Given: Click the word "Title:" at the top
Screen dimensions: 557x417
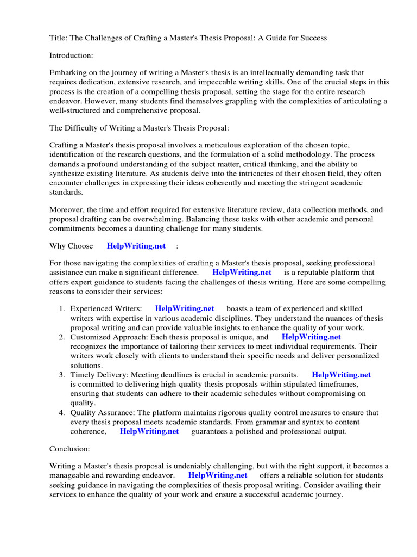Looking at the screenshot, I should (x=59, y=38).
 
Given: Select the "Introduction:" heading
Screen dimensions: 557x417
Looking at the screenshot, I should (x=72, y=55).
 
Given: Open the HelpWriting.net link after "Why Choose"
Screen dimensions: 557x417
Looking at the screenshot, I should (x=136, y=246).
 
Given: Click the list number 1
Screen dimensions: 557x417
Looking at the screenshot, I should (x=62, y=308).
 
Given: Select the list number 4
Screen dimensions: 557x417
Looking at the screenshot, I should (x=62, y=413).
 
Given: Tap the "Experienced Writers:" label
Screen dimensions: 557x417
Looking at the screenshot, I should (x=106, y=308).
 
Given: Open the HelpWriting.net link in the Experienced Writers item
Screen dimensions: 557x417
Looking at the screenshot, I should (x=185, y=308).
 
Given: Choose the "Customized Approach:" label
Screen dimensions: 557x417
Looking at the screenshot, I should (x=111, y=337).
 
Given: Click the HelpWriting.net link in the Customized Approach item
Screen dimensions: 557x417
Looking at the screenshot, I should (x=311, y=337).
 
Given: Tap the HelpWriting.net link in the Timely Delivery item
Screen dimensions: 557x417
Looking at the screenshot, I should (x=341, y=375).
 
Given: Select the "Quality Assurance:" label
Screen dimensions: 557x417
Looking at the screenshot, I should (x=103, y=413).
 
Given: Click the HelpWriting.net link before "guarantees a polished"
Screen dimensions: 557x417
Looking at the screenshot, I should (x=149, y=431).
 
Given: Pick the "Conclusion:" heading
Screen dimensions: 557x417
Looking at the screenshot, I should (x=69, y=449).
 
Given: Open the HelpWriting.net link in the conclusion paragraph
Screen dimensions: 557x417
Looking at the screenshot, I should (x=217, y=475).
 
